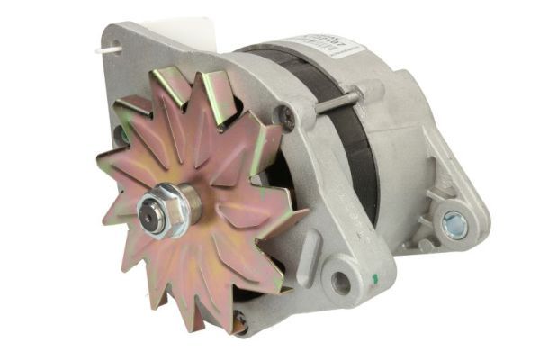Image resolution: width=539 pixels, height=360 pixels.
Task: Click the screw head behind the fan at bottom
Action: click(239, 317)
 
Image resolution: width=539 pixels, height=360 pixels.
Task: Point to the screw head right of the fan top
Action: click(286, 113)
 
